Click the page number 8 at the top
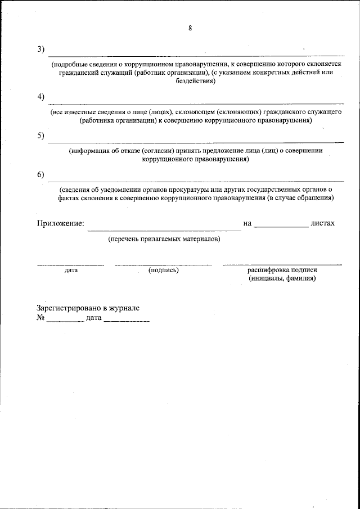[x=190, y=28]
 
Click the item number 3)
[x=41, y=49]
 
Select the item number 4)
[x=41, y=96]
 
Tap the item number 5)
[x=41, y=136]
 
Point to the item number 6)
[x=41, y=174]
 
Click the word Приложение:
[x=61, y=223]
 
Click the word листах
[x=322, y=223]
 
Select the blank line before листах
[x=281, y=226]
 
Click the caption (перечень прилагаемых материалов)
[x=164, y=239]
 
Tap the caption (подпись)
[x=164, y=270]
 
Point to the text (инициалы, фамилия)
[x=282, y=278]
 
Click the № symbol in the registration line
[x=40, y=318]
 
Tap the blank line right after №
[x=65, y=320]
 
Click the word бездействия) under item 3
[x=195, y=81]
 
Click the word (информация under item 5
[x=91, y=151]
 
